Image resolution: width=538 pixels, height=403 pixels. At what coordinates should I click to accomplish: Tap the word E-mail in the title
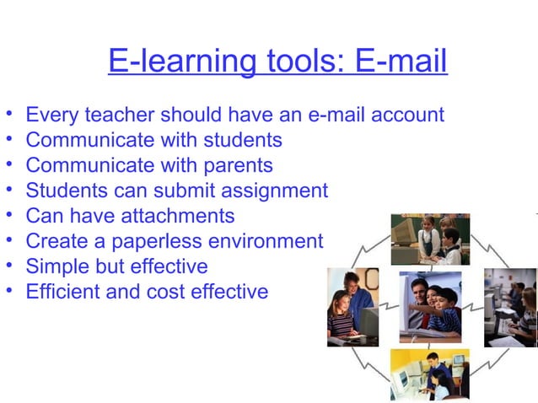pyautogui.click(x=401, y=62)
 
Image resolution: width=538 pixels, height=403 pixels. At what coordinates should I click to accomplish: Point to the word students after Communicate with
pyautogui.click(x=238, y=139)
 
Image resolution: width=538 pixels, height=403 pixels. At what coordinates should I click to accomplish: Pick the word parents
pyautogui.click(x=234, y=164)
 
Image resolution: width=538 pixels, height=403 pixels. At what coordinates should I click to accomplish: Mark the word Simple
pyautogui.click(x=55, y=267)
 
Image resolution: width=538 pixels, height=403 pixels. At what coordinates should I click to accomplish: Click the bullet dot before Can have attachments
pyautogui.click(x=8, y=216)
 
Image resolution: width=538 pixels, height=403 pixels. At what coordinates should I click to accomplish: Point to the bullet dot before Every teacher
pyautogui.click(x=8, y=114)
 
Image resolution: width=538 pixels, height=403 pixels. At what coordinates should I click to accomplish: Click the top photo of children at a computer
pyautogui.click(x=429, y=239)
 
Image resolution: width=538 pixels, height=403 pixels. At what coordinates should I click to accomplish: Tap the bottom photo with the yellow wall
pyautogui.click(x=429, y=373)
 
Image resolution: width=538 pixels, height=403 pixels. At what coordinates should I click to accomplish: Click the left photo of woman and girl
pyautogui.click(x=352, y=306)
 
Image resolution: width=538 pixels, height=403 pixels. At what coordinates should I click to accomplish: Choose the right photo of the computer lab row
pyautogui.click(x=511, y=306)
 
